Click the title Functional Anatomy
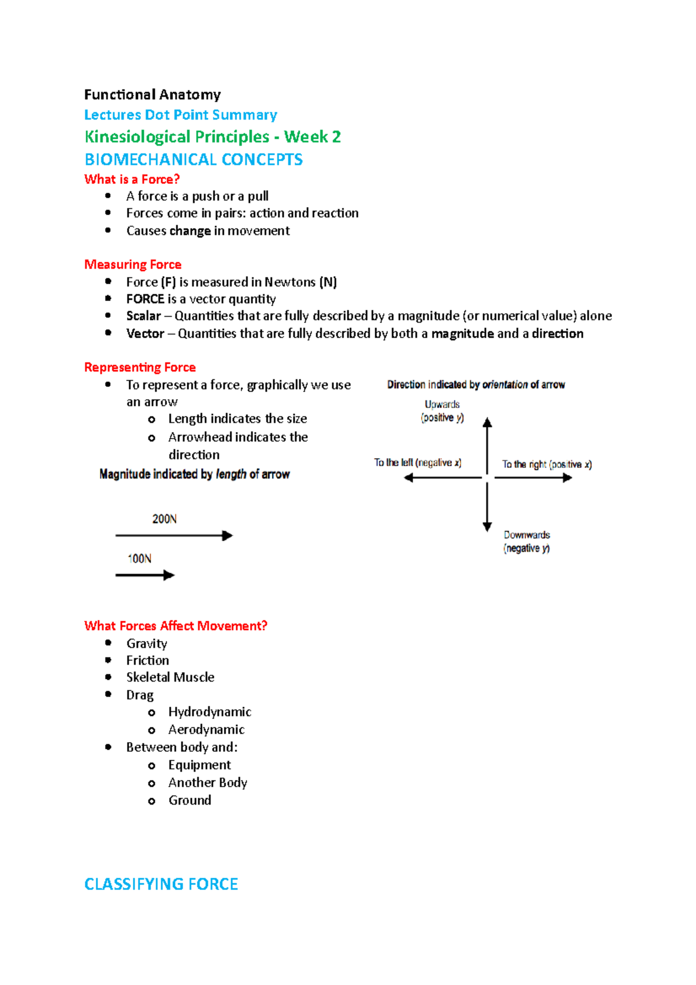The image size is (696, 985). [x=152, y=95]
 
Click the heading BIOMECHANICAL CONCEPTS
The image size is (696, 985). [x=193, y=160]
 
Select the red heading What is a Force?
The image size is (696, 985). [x=132, y=179]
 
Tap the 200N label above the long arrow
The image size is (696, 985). [x=164, y=519]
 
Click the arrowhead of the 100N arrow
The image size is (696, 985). [x=169, y=575]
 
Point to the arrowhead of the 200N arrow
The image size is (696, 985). [x=227, y=535]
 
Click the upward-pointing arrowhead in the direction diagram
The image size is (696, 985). [x=487, y=423]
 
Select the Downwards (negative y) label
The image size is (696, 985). [x=526, y=541]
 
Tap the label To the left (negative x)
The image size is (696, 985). [x=417, y=463]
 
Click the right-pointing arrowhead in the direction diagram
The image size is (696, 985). [x=567, y=477]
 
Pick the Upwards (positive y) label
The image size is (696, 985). [x=442, y=411]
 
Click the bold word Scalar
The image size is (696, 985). [x=143, y=316]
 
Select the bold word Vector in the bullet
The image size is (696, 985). [x=145, y=334]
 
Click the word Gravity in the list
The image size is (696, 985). [x=147, y=643]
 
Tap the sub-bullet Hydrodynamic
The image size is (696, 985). [x=209, y=712]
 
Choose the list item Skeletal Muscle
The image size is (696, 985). [x=170, y=677]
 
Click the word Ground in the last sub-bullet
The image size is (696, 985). [x=190, y=801]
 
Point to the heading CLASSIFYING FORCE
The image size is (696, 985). [x=161, y=884]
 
